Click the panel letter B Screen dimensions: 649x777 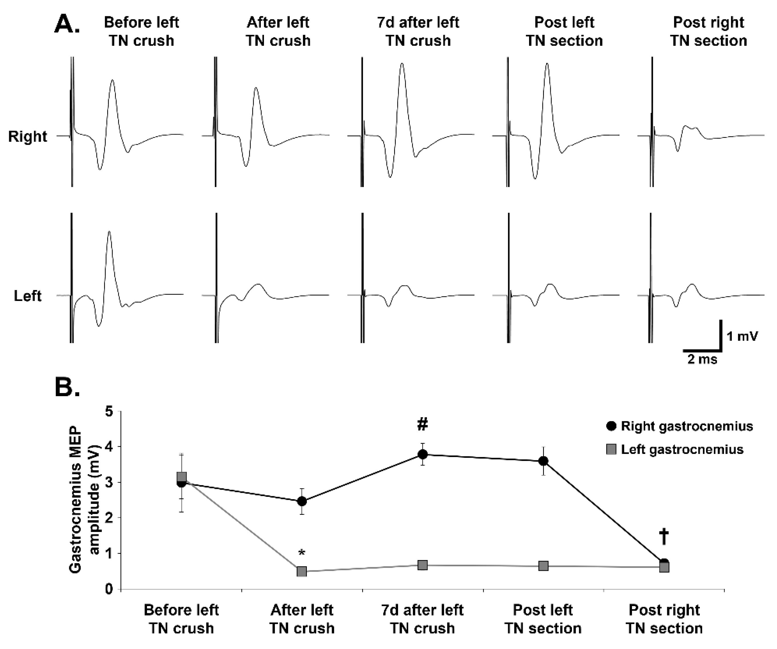[67, 387]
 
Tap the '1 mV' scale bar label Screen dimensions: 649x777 [742, 336]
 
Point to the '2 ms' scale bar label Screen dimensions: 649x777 [702, 359]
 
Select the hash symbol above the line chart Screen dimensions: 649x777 [423, 424]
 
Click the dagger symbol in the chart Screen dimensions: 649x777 [664, 537]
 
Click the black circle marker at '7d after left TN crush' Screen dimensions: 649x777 [423, 454]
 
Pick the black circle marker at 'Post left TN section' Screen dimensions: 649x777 [543, 461]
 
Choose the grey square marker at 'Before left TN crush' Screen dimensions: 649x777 [181, 477]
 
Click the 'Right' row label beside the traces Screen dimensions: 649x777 [28, 136]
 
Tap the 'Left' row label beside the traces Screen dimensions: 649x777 [28, 296]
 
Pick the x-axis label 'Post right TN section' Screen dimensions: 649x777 [664, 619]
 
